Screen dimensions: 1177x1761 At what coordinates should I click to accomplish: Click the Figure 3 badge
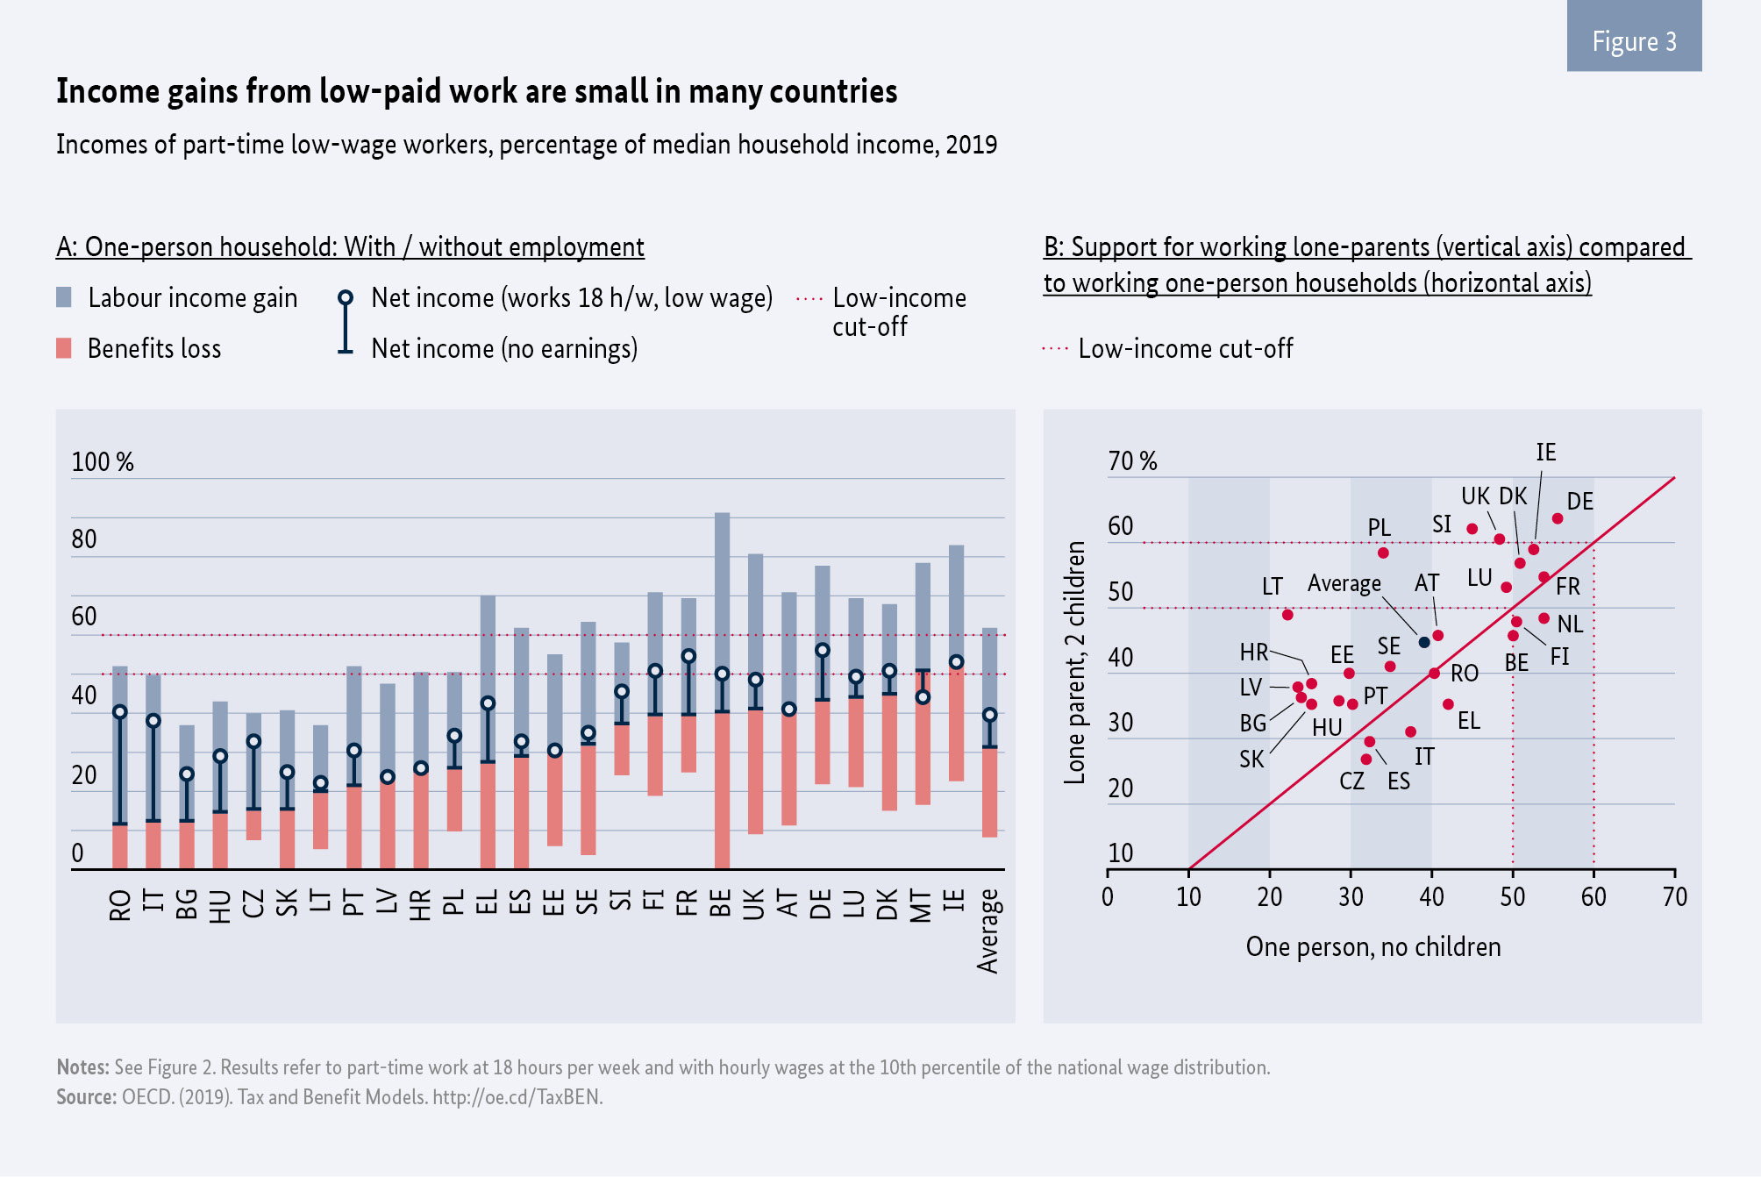[1634, 40]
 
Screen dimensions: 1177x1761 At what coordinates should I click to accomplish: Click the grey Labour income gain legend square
[64, 297]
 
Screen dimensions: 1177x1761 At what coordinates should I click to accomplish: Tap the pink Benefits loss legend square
[64, 348]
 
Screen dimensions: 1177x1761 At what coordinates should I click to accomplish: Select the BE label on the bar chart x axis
[721, 903]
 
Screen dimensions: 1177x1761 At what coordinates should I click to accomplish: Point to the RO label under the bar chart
[120, 905]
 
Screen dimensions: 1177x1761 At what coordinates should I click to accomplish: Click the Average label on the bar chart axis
[988, 931]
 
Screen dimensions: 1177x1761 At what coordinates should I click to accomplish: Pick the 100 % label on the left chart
[103, 462]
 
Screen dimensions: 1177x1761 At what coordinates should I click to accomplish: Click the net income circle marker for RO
[120, 711]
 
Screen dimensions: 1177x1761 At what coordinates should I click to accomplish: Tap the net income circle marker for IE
[957, 662]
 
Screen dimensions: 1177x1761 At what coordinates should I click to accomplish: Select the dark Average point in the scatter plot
[1424, 642]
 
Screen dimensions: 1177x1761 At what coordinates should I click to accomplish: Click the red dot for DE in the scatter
[1558, 518]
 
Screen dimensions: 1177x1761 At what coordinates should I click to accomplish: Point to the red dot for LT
[1287, 615]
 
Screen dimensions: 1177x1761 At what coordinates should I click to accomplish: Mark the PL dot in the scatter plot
[1383, 553]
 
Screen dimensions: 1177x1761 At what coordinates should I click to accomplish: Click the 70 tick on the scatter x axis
[1674, 897]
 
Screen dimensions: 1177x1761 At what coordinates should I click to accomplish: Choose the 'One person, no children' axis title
[1372, 947]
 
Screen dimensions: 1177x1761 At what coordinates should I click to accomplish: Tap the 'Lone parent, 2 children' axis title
[1074, 662]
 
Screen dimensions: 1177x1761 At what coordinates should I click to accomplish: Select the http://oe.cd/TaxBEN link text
[517, 1097]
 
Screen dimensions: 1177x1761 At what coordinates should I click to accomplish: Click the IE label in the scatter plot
[1546, 453]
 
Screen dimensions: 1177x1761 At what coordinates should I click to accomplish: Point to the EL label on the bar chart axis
[487, 903]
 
